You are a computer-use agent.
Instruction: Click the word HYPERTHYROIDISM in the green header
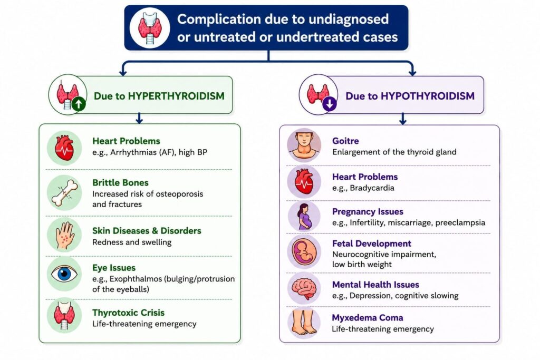click(x=176, y=96)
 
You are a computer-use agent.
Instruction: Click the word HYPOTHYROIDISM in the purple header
click(x=427, y=96)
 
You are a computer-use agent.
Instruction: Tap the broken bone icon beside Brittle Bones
click(x=64, y=193)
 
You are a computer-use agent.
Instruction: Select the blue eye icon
click(x=64, y=274)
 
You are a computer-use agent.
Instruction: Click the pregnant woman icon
click(x=304, y=217)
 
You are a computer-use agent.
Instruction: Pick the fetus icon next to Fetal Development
click(x=304, y=252)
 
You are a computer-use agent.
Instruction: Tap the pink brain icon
click(x=304, y=288)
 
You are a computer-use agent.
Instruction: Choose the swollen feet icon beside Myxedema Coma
click(x=304, y=322)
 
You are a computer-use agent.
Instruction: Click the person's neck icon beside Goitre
click(x=304, y=144)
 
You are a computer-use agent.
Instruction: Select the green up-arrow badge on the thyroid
click(x=79, y=104)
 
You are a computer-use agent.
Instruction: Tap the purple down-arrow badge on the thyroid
click(x=330, y=104)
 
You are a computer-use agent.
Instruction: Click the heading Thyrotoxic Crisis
click(x=129, y=313)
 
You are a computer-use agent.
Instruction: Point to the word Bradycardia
click(x=372, y=188)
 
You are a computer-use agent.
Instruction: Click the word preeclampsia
click(x=460, y=222)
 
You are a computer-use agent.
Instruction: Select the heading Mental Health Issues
click(x=375, y=285)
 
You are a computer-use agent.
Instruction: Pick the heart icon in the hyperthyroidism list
click(x=64, y=148)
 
